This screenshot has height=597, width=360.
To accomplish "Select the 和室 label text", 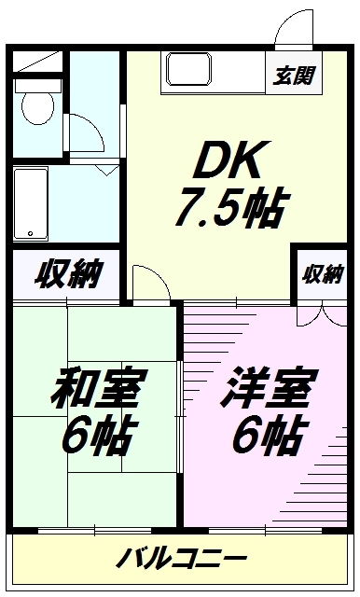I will tap(96, 389).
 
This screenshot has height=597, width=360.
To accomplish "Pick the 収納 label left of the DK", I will tap(68, 275).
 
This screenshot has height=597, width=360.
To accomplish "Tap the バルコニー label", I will tap(182, 560).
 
